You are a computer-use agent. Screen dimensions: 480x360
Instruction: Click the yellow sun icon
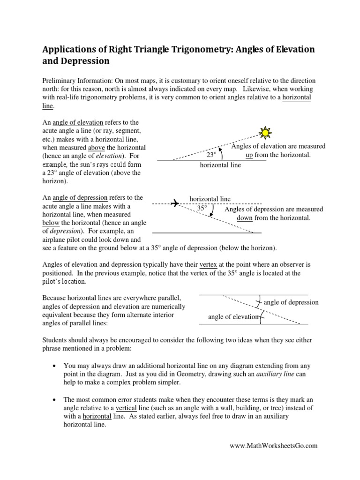(x=266, y=133)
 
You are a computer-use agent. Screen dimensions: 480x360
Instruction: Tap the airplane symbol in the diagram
(x=174, y=203)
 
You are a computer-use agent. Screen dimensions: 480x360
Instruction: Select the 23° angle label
(x=211, y=154)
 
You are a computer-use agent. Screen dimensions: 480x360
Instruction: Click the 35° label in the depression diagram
(x=202, y=207)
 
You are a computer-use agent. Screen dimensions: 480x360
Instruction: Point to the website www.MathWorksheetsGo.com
(x=273, y=446)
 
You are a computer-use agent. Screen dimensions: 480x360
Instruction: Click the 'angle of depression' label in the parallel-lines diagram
(x=291, y=302)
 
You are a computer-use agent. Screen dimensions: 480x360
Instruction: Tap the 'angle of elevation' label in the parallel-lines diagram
(x=233, y=317)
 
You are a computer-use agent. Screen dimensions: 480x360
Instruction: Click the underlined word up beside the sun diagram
(x=249, y=155)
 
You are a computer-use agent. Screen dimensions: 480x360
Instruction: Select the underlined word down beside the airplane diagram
(x=245, y=218)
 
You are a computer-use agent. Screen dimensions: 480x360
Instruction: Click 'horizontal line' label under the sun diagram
(x=220, y=165)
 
